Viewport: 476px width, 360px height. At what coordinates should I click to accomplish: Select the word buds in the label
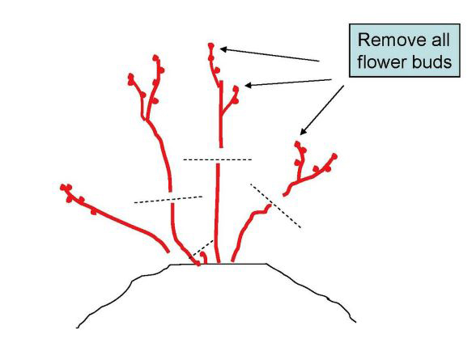431,61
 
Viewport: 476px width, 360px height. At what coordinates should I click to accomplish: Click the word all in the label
440,40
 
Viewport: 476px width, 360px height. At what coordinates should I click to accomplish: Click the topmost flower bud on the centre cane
211,46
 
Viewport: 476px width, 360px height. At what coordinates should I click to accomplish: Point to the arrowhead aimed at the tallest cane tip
223,49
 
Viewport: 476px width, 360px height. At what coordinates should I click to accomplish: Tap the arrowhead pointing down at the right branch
303,131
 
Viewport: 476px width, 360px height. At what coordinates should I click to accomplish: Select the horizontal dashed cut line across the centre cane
217,159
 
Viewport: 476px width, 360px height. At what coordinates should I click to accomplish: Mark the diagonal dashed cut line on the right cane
275,205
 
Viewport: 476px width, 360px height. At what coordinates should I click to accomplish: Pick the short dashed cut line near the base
202,249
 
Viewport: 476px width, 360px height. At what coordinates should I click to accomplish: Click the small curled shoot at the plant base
204,257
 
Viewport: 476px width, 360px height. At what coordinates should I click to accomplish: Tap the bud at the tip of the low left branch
66,187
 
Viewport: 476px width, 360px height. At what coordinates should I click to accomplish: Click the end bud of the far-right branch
334,156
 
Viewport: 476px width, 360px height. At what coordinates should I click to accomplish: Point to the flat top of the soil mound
218,264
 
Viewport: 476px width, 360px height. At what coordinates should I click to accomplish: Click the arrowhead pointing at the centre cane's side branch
249,86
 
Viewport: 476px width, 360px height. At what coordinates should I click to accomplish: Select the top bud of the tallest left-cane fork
155,57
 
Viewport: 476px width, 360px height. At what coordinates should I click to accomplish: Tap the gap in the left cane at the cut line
172,197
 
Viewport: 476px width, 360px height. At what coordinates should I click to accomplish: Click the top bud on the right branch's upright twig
297,144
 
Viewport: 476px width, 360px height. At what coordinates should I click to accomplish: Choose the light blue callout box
405,50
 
